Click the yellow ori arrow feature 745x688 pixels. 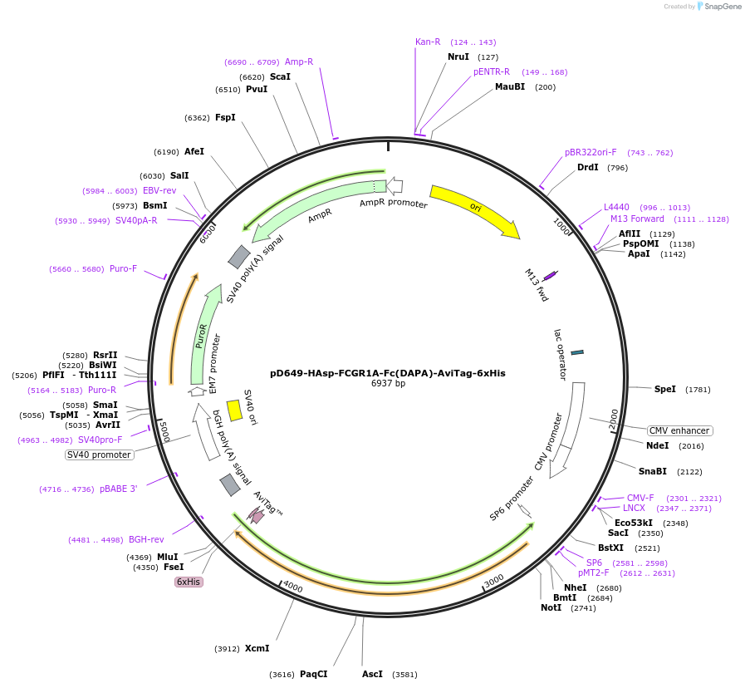pos(474,208)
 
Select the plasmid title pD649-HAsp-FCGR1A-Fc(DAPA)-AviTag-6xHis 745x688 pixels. pos(388,373)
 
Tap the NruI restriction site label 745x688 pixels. pos(458,57)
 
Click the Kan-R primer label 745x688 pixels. pos(428,42)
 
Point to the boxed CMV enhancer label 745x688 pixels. pos(679,430)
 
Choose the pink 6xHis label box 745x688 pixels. pos(188,582)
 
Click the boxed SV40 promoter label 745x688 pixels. pos(99,455)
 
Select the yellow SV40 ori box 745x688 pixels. pos(234,410)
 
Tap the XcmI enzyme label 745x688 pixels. pos(257,648)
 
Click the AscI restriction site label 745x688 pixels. pos(373,674)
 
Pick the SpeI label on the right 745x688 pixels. pos(665,389)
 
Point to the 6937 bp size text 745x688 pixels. pos(388,384)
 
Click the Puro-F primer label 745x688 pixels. pos(123,268)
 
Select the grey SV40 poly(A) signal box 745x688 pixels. pos(239,257)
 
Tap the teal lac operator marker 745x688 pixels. pos(577,352)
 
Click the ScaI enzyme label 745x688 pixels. pos(280,76)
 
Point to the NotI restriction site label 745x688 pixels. pos(551,607)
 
